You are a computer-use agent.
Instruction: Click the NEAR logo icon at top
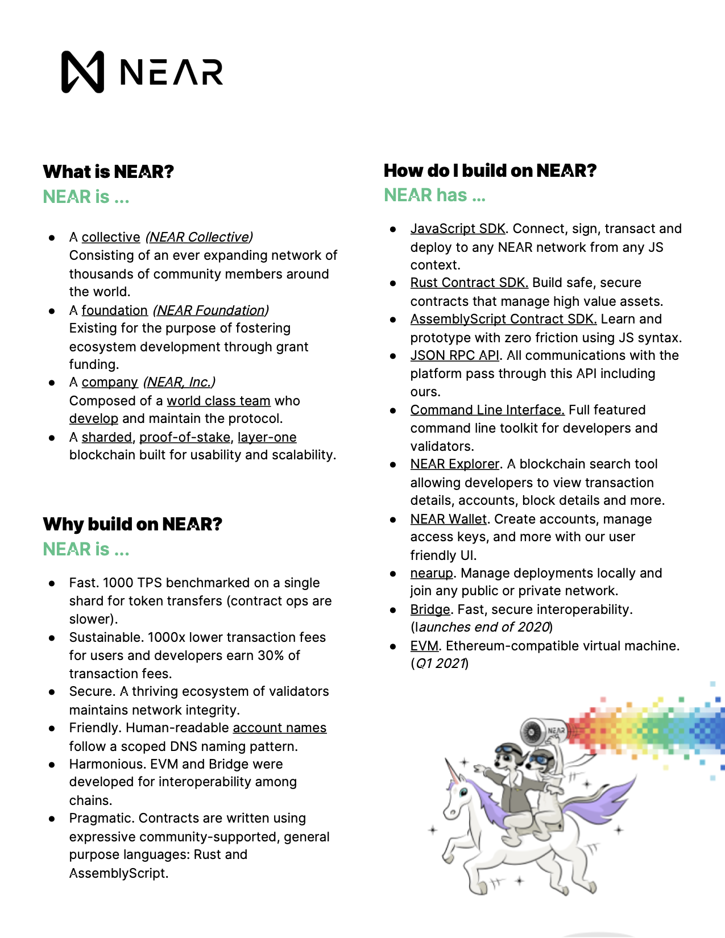[83, 72]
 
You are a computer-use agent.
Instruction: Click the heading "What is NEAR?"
[108, 172]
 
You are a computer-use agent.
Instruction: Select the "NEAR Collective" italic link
[199, 237]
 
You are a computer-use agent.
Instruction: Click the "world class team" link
[218, 401]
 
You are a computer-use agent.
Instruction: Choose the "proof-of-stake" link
[185, 437]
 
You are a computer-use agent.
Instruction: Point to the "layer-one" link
[267, 437]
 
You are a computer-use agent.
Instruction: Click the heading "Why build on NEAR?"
[132, 524]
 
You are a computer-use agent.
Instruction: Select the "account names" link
[279, 728]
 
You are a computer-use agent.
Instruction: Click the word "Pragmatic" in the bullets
[101, 818]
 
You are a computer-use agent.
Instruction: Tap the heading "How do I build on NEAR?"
[490, 171]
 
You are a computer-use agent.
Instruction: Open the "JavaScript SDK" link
[458, 229]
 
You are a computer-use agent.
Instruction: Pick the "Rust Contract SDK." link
[469, 283]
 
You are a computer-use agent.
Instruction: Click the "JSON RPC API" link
[455, 355]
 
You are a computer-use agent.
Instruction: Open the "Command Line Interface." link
[487, 410]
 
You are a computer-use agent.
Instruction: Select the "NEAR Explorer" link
[455, 464]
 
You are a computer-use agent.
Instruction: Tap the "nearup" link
[432, 573]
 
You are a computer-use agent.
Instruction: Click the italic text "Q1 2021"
[441, 663]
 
